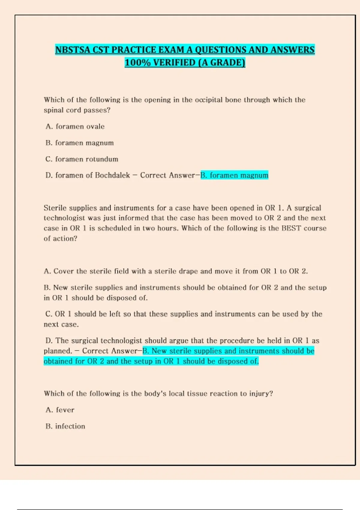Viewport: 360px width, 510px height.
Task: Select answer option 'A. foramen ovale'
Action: click(x=75, y=127)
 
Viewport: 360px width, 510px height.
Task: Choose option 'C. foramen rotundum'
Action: click(x=82, y=159)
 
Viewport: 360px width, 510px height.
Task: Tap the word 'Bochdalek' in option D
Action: click(x=112, y=175)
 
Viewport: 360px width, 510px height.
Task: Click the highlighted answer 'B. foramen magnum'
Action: click(x=234, y=175)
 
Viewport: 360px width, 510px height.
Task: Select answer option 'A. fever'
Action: click(x=60, y=410)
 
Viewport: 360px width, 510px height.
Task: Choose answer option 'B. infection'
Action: click(x=65, y=426)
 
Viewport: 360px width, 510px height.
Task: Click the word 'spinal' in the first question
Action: click(x=54, y=110)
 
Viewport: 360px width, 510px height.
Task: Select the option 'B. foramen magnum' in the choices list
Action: click(x=80, y=143)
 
